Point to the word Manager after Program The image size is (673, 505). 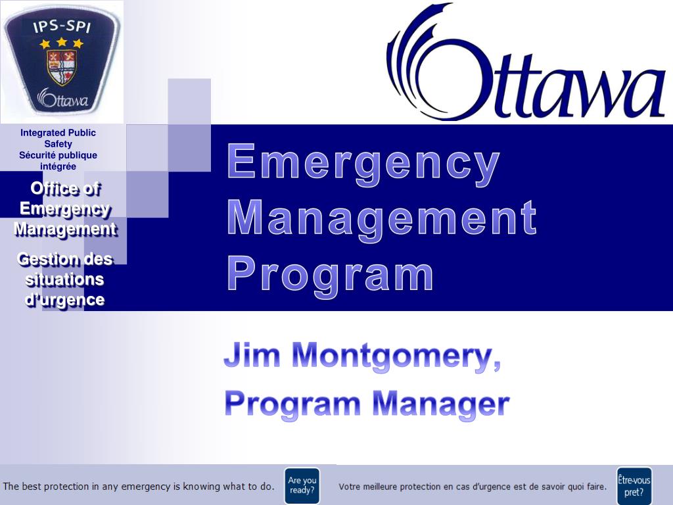pyautogui.click(x=440, y=402)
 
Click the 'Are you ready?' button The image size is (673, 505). pyautogui.click(x=302, y=485)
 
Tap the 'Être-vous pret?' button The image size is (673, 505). pyautogui.click(x=634, y=485)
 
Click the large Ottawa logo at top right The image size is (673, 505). pyautogui.click(x=526, y=66)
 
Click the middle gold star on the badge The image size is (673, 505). pyautogui.click(x=62, y=42)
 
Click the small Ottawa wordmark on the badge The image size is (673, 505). pyautogui.click(x=64, y=99)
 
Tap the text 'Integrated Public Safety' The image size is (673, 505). pyautogui.click(x=58, y=138)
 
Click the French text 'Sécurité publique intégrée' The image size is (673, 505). pyautogui.click(x=58, y=160)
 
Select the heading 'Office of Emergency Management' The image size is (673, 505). pyautogui.click(x=65, y=209)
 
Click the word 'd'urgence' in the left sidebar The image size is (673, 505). pyautogui.click(x=64, y=300)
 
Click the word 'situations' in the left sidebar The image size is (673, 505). pyautogui.click(x=64, y=279)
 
